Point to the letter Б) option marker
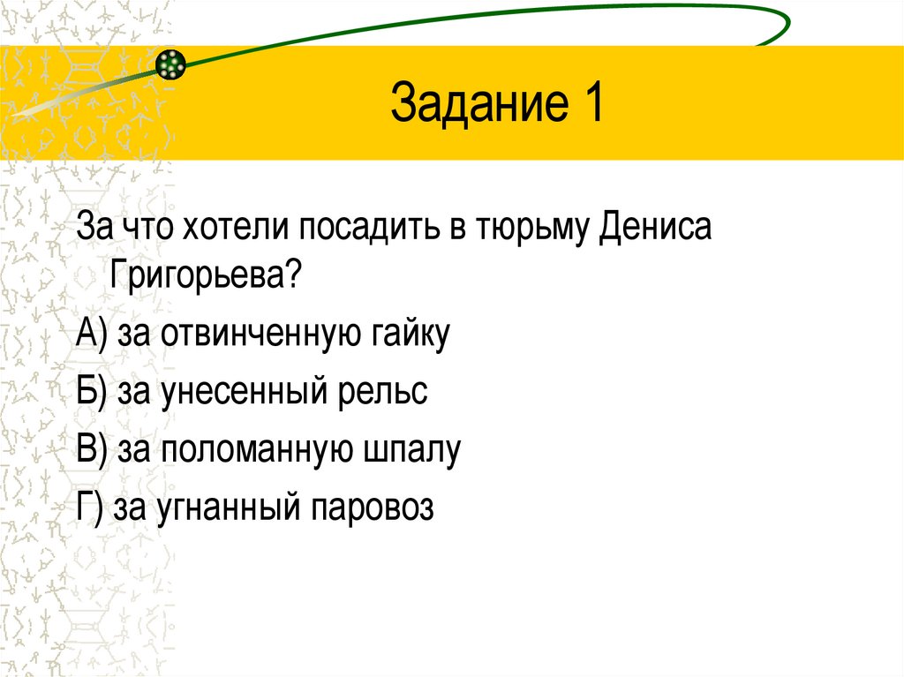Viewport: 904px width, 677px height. (91, 392)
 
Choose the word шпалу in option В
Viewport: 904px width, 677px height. (413, 450)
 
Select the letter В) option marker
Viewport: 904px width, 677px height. (91, 450)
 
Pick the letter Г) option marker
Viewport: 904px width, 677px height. (89, 508)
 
